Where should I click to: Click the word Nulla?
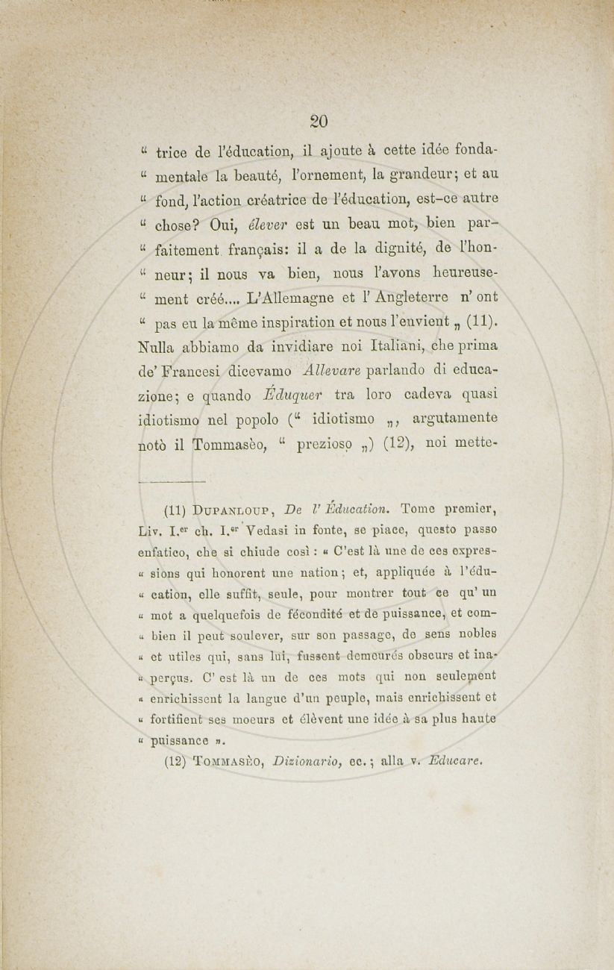coord(158,346)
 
